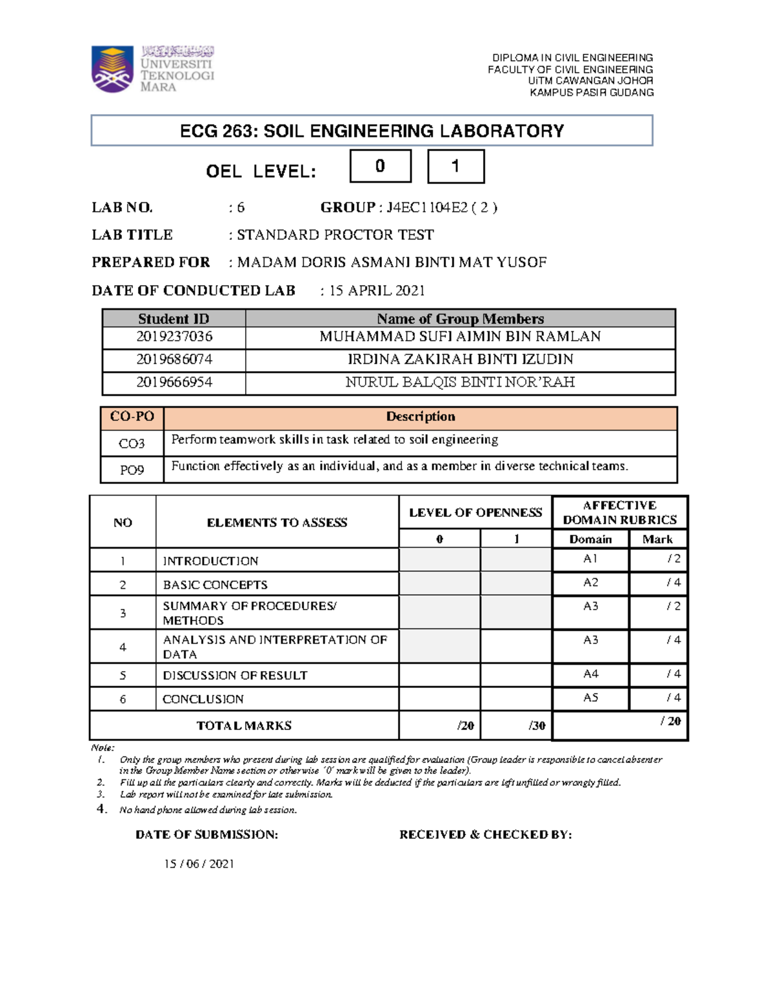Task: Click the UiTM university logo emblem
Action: [x=112, y=69]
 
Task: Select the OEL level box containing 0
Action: [x=381, y=166]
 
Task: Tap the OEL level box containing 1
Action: [x=456, y=166]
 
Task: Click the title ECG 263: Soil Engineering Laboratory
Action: [x=371, y=131]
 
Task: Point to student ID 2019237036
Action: [x=174, y=337]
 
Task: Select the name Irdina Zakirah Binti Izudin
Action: [x=460, y=360]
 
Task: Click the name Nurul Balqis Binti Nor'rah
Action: [x=460, y=382]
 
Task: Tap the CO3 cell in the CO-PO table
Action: [x=132, y=444]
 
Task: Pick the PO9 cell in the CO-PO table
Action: [x=132, y=470]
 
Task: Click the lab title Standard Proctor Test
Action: [x=335, y=234]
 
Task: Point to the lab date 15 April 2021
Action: [x=377, y=290]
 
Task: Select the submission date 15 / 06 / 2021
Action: [x=199, y=863]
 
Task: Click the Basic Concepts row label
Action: [x=215, y=584]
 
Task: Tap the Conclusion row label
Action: [x=203, y=699]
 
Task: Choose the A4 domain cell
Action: [x=591, y=674]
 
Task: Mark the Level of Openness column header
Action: [x=475, y=512]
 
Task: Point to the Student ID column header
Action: [x=174, y=319]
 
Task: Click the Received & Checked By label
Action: [x=486, y=834]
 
